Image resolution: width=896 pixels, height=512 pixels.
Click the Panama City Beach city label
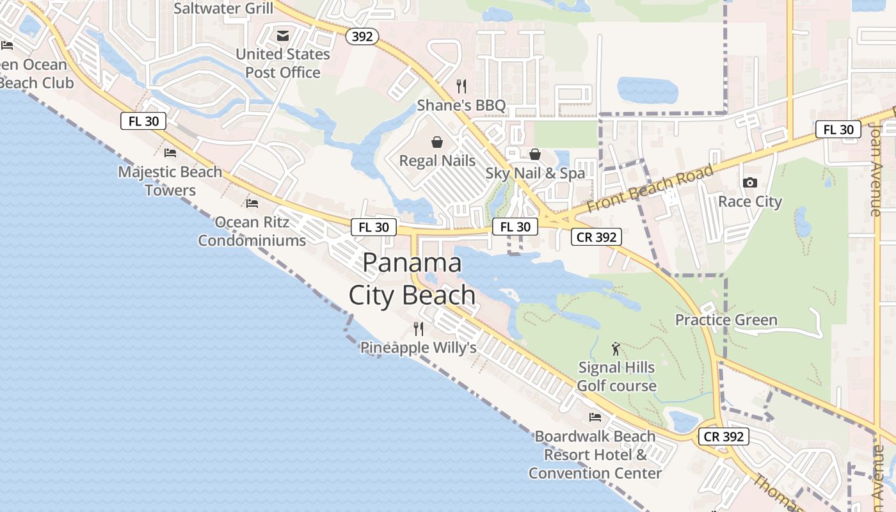(412, 279)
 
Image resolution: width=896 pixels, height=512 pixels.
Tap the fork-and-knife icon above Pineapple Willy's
(419, 329)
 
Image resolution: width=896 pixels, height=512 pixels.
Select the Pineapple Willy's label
(419, 348)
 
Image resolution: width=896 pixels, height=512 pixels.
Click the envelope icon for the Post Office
(283, 35)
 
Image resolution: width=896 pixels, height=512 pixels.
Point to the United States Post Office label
(283, 63)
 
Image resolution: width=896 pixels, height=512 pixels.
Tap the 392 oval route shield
(362, 36)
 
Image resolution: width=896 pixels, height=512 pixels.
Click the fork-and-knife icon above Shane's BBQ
(461, 86)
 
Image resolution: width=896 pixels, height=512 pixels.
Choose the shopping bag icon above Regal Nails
(437, 141)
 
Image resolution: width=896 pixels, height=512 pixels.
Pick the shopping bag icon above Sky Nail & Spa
(535, 154)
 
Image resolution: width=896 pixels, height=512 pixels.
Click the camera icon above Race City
(750, 183)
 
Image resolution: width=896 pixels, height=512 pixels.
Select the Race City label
(750, 202)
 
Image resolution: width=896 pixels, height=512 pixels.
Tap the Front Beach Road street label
(650, 189)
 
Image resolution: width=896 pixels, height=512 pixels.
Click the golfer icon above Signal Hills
(616, 349)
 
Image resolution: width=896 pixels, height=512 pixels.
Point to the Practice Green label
(726, 319)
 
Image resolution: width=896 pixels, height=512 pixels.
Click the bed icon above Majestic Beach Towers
(170, 153)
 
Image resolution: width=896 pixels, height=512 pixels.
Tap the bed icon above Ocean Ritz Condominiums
(252, 204)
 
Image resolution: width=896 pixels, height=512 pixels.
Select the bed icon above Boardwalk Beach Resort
(595, 417)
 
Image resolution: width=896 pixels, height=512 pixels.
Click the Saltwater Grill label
(223, 8)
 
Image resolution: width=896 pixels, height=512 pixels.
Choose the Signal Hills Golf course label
(616, 376)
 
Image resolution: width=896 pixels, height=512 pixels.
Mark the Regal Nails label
(437, 160)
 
